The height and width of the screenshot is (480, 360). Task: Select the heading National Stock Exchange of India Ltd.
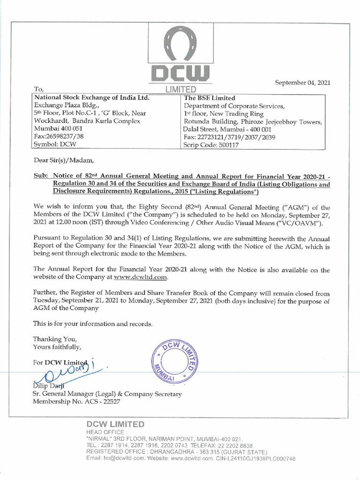tap(90, 98)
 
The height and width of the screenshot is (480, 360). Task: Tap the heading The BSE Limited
tap(210, 98)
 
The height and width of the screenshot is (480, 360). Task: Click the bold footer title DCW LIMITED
tap(115, 424)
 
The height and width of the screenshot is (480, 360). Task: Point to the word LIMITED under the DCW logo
tap(180, 90)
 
